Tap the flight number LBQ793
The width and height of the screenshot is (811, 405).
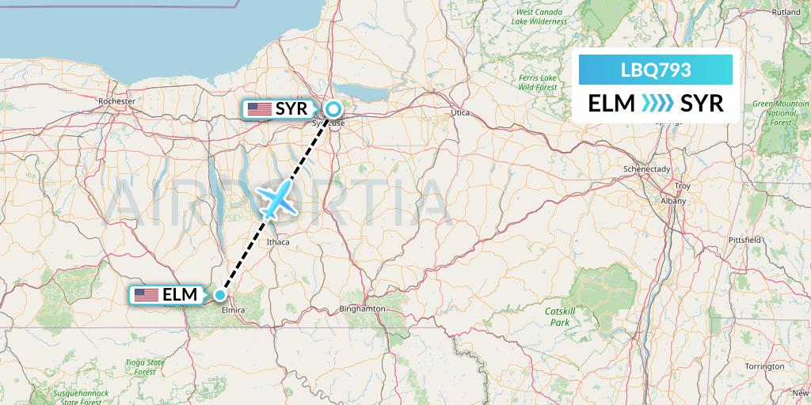point(656,70)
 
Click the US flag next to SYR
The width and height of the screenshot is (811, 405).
point(259,109)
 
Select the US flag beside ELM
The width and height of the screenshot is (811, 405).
point(147,296)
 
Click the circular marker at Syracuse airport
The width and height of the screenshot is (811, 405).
point(333,109)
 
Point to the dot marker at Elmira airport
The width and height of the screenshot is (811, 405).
point(219,295)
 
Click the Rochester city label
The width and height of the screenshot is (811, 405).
point(117,101)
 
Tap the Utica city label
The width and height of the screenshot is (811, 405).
point(459,113)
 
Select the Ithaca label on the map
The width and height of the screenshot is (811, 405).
point(278,242)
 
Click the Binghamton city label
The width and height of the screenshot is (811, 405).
point(361,308)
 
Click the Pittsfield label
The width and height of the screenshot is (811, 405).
point(745,239)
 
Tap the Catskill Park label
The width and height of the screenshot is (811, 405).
point(558,317)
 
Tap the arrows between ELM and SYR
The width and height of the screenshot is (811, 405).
point(657,103)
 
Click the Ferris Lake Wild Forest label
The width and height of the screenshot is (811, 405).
point(538,82)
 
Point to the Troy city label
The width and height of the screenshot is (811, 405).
point(681,186)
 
